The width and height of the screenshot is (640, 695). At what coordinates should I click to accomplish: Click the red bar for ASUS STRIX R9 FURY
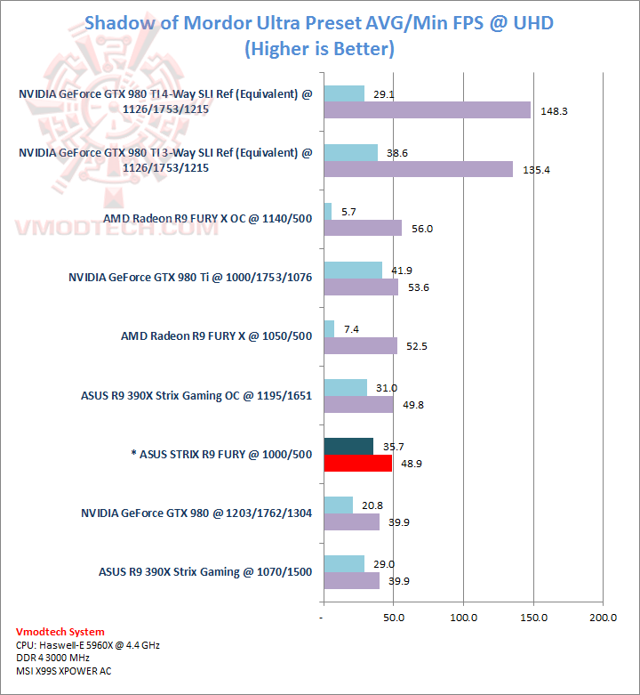pos(358,463)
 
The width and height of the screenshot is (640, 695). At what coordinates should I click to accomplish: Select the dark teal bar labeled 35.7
pos(348,446)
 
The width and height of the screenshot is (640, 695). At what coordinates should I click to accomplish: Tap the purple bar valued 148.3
pos(427,110)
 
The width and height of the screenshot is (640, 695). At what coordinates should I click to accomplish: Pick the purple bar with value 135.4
pos(418,169)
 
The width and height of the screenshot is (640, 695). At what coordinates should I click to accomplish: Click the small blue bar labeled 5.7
pos(328,211)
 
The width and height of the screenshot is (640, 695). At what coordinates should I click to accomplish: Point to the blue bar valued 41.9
pos(353,270)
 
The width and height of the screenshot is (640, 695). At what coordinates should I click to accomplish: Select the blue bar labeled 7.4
pos(329,328)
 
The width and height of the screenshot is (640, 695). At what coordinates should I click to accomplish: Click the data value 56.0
pos(422,229)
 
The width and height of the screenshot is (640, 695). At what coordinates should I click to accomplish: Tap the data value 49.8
pos(413,405)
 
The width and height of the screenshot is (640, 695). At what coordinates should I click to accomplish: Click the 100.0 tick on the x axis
pos(464,618)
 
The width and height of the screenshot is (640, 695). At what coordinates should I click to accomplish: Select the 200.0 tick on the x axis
pos(604,618)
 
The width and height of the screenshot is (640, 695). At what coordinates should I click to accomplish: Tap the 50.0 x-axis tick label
pos(394,618)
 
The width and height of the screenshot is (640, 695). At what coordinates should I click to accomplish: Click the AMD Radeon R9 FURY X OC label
pos(208,219)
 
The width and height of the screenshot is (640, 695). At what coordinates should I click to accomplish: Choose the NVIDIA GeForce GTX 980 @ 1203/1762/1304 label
pos(196,513)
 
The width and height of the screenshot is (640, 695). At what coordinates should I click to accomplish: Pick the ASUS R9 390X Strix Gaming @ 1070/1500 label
pos(205,571)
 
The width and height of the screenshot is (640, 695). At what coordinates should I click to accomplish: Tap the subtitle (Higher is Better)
pos(319,48)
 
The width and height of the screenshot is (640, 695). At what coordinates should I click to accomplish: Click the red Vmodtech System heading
pos(60,632)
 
